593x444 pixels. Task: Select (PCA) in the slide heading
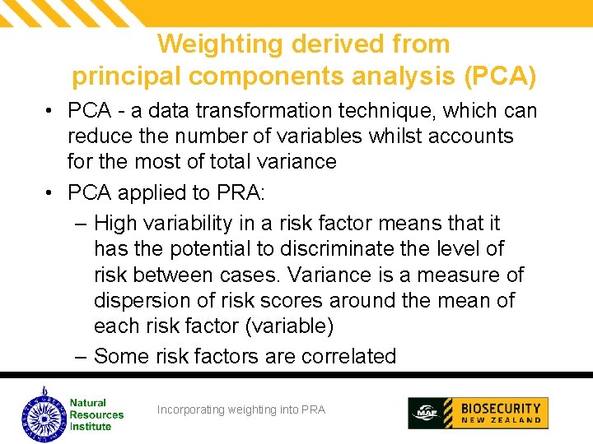[x=501, y=76]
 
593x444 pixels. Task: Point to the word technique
[x=411, y=110]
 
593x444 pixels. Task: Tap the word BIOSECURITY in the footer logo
[x=501, y=408]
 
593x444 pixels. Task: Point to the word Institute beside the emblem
[x=91, y=427]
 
